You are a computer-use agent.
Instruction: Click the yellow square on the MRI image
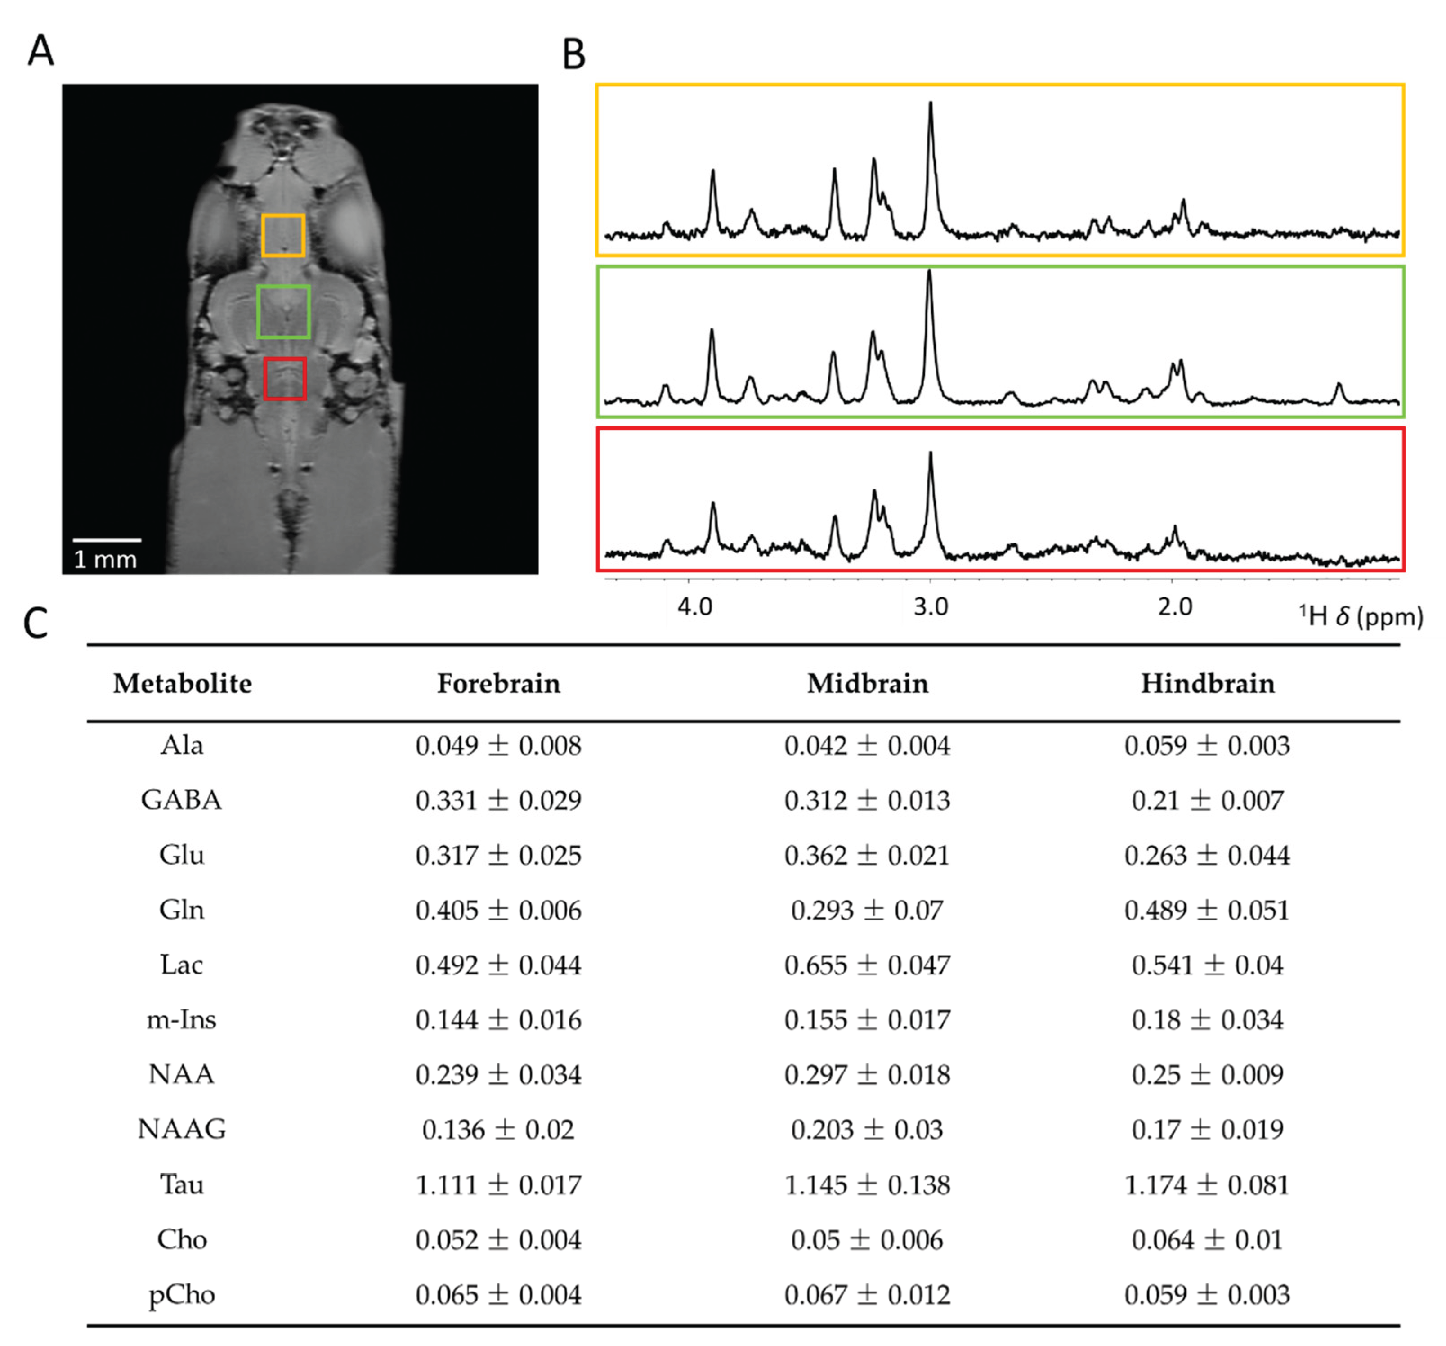(x=283, y=235)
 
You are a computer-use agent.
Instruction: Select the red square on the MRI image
(x=284, y=378)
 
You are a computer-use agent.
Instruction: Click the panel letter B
(x=574, y=54)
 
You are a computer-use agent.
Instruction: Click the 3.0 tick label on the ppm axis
(x=930, y=606)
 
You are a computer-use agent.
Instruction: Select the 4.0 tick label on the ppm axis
(x=694, y=606)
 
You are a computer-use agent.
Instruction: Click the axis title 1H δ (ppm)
(x=1360, y=617)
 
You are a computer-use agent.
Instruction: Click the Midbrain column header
(x=867, y=683)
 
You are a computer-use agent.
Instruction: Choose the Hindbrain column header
(x=1208, y=683)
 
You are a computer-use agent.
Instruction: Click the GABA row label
(x=181, y=799)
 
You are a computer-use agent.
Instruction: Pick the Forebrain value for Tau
(x=498, y=1184)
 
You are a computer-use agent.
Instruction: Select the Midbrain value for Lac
(x=867, y=965)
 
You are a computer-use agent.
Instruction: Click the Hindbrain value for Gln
(x=1208, y=910)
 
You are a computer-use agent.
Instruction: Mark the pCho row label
(x=181, y=1294)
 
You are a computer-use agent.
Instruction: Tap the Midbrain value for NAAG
(x=867, y=1129)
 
